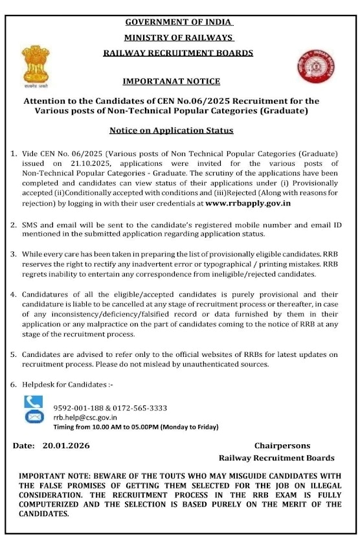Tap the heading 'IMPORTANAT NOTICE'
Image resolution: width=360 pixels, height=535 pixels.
point(171,81)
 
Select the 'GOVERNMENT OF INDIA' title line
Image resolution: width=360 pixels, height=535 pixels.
point(179,22)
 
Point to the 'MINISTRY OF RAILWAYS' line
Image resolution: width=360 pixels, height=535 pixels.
point(179,38)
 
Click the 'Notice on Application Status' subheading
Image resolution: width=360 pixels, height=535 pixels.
point(171,130)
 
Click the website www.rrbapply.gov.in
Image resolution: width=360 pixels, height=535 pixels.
point(247,203)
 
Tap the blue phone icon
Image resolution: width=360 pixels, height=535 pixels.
point(33,402)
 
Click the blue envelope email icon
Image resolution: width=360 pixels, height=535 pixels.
point(33,417)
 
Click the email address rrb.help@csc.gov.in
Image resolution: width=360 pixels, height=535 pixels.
point(85,418)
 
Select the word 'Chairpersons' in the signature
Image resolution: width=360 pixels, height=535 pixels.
point(282,446)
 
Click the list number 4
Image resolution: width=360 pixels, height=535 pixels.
point(14,294)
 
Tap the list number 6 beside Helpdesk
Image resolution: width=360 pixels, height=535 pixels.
point(14,385)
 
